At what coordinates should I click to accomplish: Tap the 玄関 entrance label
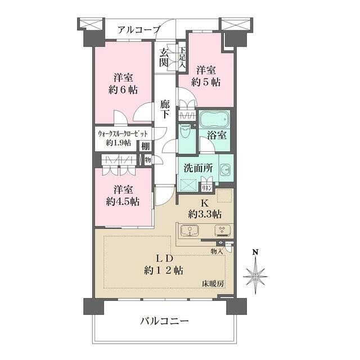(x=164, y=57)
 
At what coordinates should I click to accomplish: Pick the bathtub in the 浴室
(x=214, y=120)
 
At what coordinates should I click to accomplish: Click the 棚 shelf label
(x=146, y=146)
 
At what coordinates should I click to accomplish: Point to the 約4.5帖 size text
(x=122, y=201)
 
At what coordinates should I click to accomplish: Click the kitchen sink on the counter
(x=189, y=231)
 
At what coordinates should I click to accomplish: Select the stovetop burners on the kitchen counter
(x=222, y=231)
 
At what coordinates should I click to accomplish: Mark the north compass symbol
(x=255, y=275)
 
